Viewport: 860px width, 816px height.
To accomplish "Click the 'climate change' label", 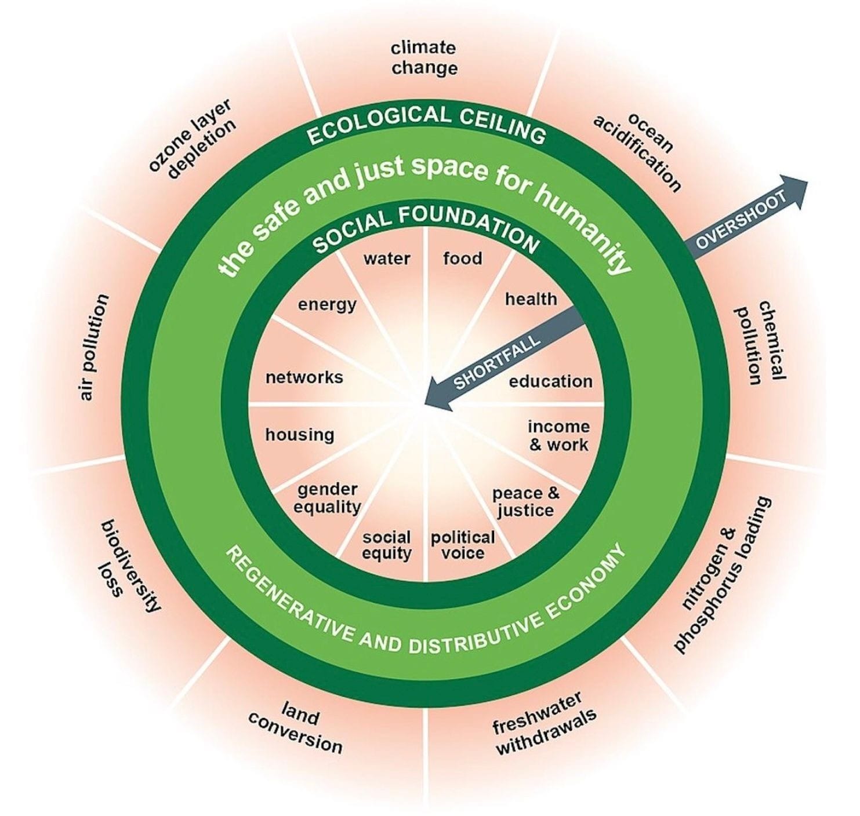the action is (x=424, y=58).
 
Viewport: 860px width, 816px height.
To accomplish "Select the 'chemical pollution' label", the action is (x=760, y=343).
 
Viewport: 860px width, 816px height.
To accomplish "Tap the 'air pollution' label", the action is (x=93, y=348).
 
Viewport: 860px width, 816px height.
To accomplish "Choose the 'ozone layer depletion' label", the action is (x=193, y=140).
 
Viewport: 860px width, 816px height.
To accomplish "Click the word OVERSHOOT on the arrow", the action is (x=741, y=220).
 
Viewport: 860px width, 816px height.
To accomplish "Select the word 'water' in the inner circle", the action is (x=387, y=258).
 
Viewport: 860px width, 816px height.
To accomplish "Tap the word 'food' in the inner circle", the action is (x=462, y=258).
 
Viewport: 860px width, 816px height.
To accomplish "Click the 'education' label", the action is (x=550, y=381).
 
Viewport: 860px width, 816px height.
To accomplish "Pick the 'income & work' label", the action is (x=558, y=436).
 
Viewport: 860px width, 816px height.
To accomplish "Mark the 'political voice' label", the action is (x=463, y=545).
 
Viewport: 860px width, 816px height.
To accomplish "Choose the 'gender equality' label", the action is (x=327, y=498).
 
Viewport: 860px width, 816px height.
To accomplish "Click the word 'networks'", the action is (x=304, y=377).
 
